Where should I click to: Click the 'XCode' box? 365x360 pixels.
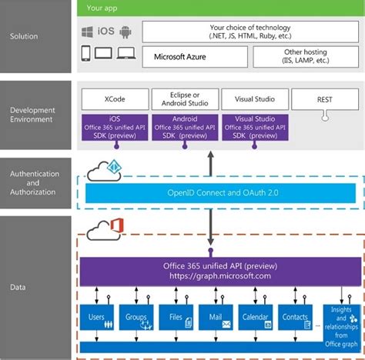click(114, 99)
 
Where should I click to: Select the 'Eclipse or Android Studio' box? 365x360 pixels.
click(185, 99)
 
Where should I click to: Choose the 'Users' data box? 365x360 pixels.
click(96, 319)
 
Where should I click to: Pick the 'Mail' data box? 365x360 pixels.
click(216, 319)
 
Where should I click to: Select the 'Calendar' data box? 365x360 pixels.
click(257, 319)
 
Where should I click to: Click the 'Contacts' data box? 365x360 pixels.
click(297, 319)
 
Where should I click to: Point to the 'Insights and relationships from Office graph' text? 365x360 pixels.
click(340, 322)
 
